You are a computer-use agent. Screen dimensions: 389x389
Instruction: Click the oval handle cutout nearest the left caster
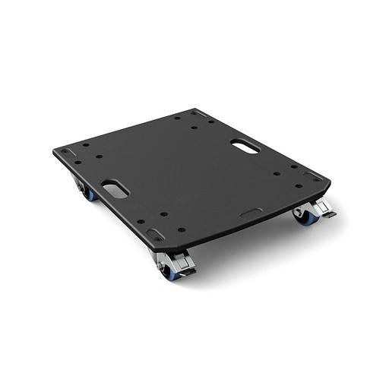tap(112, 188)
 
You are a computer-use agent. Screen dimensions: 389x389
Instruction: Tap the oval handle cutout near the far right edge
tap(245, 144)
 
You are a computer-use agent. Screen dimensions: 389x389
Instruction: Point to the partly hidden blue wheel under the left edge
tap(90, 194)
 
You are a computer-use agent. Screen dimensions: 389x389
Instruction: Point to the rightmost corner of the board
tap(327, 183)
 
